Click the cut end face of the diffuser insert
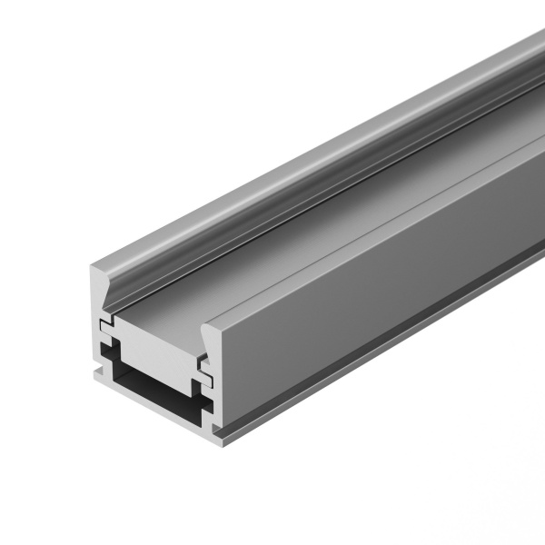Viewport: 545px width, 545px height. click(154, 342)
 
